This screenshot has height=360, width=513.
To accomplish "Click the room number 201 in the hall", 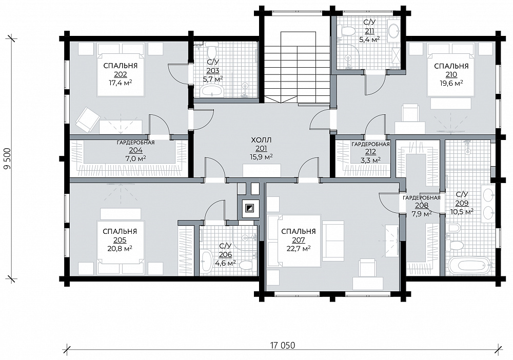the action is pos(262,149).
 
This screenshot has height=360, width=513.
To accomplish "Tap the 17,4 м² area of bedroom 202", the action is pos(121,83).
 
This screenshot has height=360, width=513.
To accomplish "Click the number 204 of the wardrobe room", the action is pos(135,150).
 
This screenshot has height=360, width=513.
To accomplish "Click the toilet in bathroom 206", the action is pos(247,265).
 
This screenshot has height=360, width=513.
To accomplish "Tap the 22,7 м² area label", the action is pos(299,249).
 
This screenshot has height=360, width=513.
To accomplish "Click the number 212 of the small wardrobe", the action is pos(371,152).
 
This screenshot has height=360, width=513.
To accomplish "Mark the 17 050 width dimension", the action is pos(282,346).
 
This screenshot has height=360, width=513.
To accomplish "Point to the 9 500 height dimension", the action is pos(7,158).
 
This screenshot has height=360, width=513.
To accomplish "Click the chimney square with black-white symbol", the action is pos(249,208).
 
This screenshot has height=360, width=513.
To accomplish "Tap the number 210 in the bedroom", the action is pos(451,75).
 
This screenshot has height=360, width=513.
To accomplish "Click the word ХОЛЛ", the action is pos(262,141).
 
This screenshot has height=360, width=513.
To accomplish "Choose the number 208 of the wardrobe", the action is pos(421,205).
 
